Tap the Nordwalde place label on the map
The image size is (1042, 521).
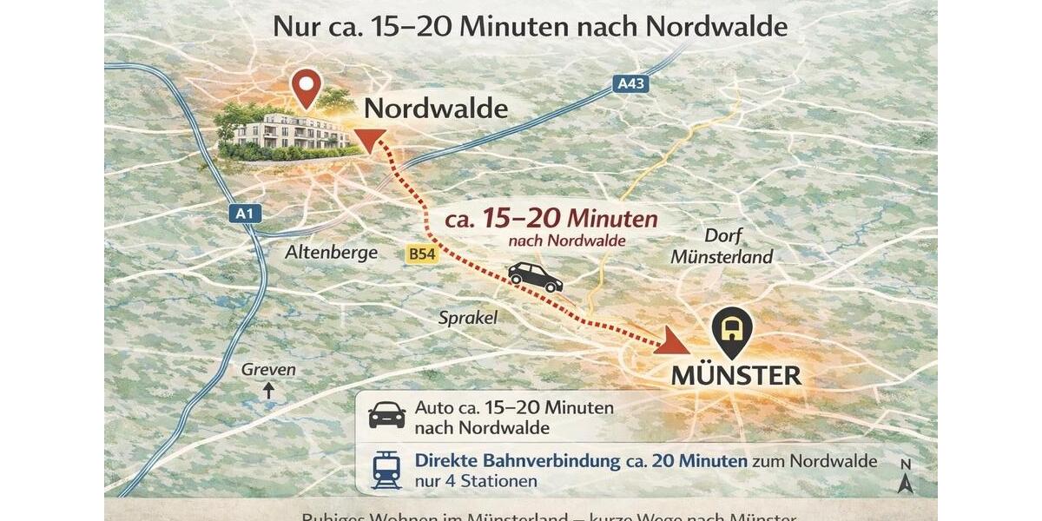click(x=436, y=109)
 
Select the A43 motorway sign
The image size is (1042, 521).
click(x=630, y=83)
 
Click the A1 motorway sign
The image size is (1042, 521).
click(x=248, y=213)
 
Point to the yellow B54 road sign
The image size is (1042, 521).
click(x=419, y=254)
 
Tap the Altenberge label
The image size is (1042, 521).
click(x=331, y=253)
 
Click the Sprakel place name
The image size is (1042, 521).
click(x=467, y=318)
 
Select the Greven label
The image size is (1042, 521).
click(x=268, y=370)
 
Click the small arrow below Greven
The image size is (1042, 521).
click(x=268, y=391)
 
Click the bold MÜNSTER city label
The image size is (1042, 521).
click(x=736, y=375)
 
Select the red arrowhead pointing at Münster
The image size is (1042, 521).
click(x=669, y=341)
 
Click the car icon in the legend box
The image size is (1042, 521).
click(x=387, y=415)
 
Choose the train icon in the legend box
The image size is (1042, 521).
click(x=386, y=471)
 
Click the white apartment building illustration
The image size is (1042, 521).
click(x=291, y=131)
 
